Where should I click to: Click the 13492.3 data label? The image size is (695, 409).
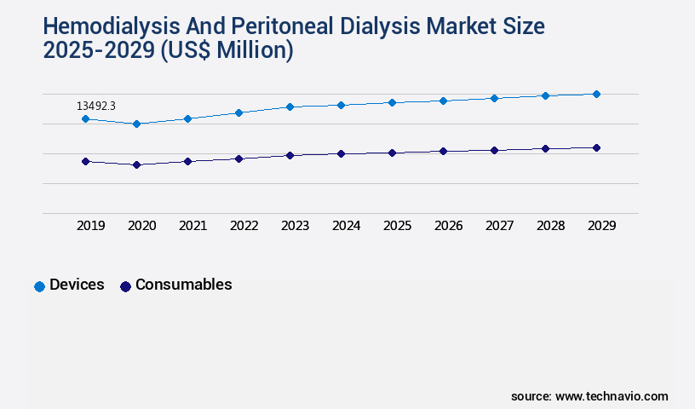(95, 106)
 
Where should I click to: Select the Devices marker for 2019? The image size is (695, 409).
(85, 119)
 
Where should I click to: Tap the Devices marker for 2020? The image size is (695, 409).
(136, 124)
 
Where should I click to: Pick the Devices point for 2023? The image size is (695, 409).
(290, 107)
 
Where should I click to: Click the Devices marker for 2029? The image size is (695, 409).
(596, 94)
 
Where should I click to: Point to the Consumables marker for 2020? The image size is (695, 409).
(136, 164)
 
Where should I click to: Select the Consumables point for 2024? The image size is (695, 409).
(341, 154)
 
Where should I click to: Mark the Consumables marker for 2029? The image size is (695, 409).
(596, 148)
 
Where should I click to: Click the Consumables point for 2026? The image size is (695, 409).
(443, 152)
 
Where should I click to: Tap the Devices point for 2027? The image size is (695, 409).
(494, 99)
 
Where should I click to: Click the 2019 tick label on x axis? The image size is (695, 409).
(91, 226)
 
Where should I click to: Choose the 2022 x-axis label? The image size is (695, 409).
(244, 226)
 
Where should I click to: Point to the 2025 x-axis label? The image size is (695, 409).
(398, 226)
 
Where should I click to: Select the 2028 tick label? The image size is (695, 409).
(551, 226)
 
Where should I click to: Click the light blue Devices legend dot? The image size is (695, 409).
(39, 286)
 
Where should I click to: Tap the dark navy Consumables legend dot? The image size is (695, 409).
(125, 286)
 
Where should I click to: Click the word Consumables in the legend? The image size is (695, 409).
(183, 285)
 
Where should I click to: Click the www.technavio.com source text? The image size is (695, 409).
(612, 396)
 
